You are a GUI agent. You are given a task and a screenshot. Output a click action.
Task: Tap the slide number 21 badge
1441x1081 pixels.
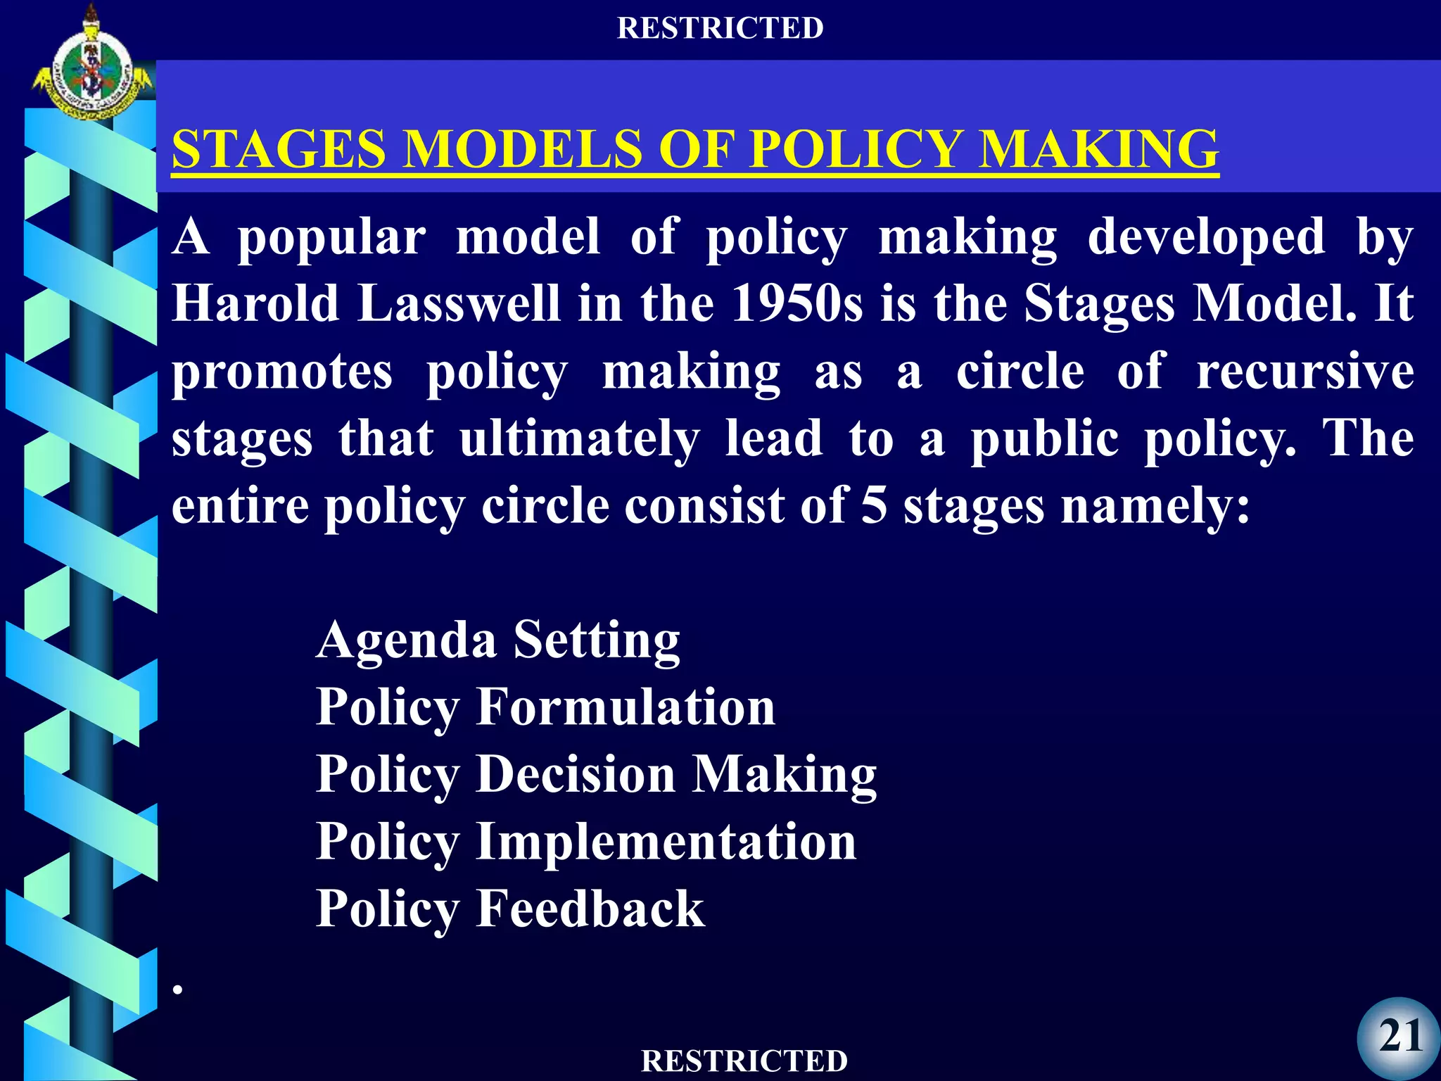pyautogui.click(x=1399, y=1037)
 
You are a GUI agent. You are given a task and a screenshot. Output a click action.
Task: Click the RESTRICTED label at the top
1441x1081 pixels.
pyautogui.click(x=720, y=28)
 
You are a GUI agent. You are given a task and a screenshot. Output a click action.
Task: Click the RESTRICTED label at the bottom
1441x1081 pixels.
pyautogui.click(x=744, y=1061)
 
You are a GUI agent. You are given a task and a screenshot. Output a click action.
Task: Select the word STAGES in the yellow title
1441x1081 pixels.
pyautogui.click(x=279, y=149)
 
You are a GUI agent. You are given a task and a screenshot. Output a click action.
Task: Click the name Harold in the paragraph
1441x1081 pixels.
pyautogui.click(x=256, y=303)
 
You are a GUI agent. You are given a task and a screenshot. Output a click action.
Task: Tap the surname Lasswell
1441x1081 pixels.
pyautogui.click(x=459, y=303)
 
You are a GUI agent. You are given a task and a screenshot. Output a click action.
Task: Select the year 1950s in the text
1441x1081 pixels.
pyautogui.click(x=796, y=303)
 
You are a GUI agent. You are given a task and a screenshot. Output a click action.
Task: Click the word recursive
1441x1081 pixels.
pyautogui.click(x=1305, y=371)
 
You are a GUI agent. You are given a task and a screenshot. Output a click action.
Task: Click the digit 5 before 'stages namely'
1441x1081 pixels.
pyautogui.click(x=874, y=505)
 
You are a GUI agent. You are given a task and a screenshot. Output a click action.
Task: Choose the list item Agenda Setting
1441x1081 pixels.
pyautogui.click(x=498, y=640)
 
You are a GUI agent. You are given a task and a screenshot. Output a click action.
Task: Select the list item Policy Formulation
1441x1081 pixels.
pyautogui.click(x=545, y=707)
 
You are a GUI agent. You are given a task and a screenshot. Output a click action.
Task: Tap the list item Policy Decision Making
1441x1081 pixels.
pyautogui.click(x=596, y=775)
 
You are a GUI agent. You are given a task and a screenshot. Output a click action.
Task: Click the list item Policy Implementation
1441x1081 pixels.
pyautogui.click(x=586, y=842)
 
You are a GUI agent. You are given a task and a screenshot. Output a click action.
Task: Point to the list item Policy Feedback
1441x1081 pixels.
pyautogui.click(x=510, y=909)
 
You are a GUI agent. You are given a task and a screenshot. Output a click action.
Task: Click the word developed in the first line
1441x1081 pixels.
pyautogui.click(x=1206, y=237)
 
